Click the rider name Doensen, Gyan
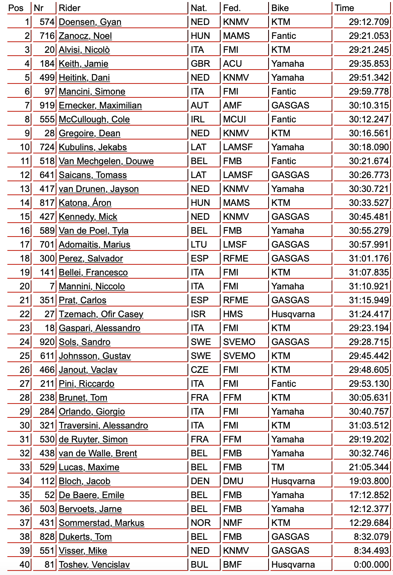(90, 22)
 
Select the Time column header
(344, 8)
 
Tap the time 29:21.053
(368, 36)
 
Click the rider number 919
(47, 106)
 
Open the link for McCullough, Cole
(94, 120)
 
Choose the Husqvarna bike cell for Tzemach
(293, 314)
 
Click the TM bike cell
(278, 467)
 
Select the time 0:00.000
(371, 565)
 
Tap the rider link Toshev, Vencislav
(94, 565)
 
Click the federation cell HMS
(233, 314)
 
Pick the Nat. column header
(199, 8)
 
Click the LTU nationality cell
(199, 245)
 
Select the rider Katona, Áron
(85, 203)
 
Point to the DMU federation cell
(233, 481)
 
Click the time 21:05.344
(368, 467)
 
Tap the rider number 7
(52, 286)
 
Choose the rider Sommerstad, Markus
(102, 523)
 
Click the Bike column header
(280, 8)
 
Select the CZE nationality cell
(200, 370)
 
